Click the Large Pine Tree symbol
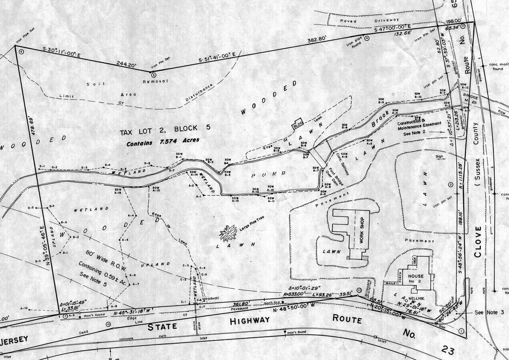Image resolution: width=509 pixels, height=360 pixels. [228, 233]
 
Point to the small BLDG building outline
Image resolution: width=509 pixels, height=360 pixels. [297, 124]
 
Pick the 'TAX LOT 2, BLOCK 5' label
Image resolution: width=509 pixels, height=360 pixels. [164, 129]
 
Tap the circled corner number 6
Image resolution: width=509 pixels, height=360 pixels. [21, 51]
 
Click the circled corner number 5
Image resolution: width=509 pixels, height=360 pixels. [151, 74]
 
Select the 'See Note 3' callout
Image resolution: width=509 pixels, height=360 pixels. [486, 312]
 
